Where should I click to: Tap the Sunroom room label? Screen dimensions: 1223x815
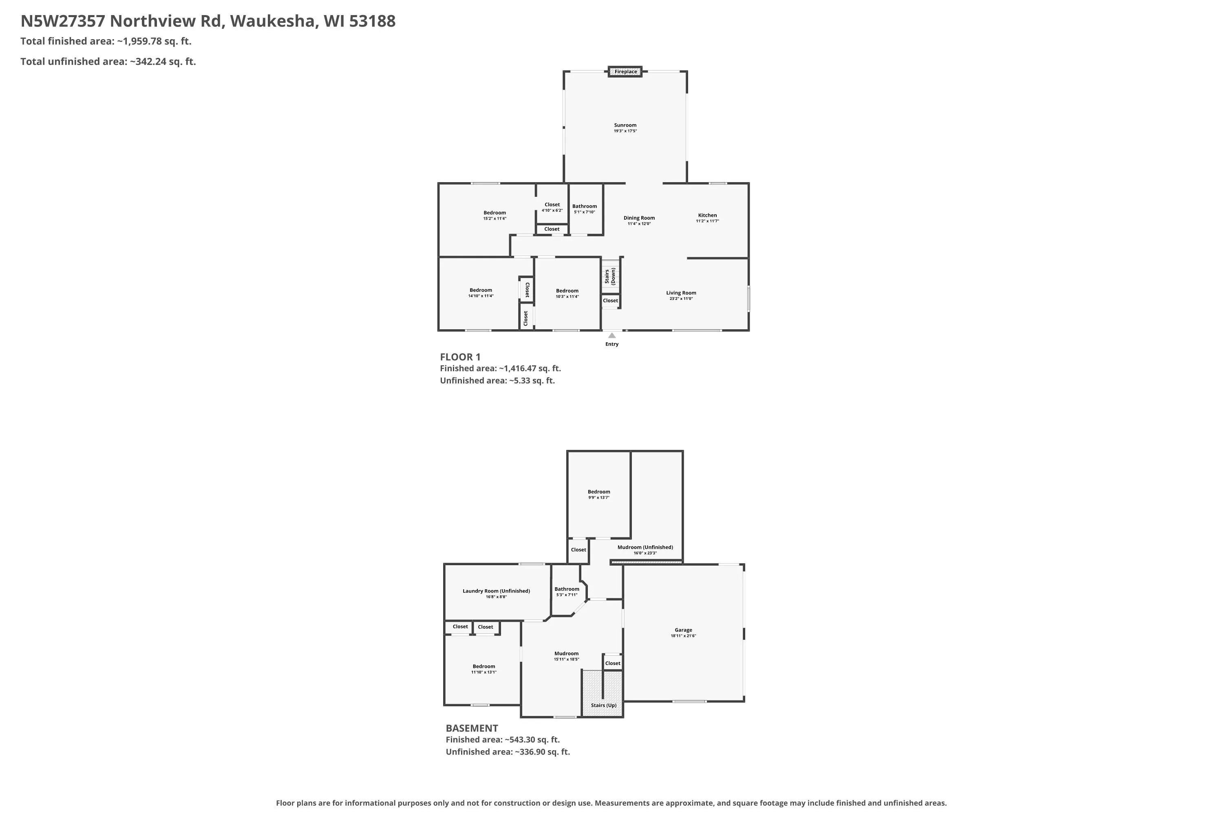pyautogui.click(x=625, y=125)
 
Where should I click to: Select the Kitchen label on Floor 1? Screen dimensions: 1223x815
pyautogui.click(x=707, y=215)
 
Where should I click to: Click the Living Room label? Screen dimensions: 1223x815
pyautogui.click(x=681, y=293)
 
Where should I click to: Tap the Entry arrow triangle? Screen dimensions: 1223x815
pyautogui.click(x=612, y=335)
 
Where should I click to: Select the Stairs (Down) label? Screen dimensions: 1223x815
pyautogui.click(x=610, y=277)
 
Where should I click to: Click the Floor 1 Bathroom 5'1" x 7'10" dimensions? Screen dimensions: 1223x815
pyautogui.click(x=585, y=212)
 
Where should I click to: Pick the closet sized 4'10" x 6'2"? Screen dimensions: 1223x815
pyautogui.click(x=552, y=207)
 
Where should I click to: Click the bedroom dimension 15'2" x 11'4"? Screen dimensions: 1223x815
pyautogui.click(x=494, y=218)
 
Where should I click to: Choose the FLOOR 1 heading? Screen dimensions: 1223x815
pyautogui.click(x=460, y=357)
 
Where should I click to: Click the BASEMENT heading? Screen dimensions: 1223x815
pyautogui.click(x=472, y=728)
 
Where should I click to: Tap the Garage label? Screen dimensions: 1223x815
pyautogui.click(x=683, y=630)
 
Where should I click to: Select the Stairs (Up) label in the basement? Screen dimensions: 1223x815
pyautogui.click(x=604, y=705)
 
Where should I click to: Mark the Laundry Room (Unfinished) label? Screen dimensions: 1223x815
pyautogui.click(x=496, y=591)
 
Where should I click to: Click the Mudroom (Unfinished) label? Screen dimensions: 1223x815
pyautogui.click(x=645, y=547)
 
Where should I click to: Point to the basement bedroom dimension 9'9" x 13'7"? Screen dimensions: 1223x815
pyautogui.click(x=599, y=498)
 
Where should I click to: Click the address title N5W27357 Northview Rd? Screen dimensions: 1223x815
pyautogui.click(x=123, y=21)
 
